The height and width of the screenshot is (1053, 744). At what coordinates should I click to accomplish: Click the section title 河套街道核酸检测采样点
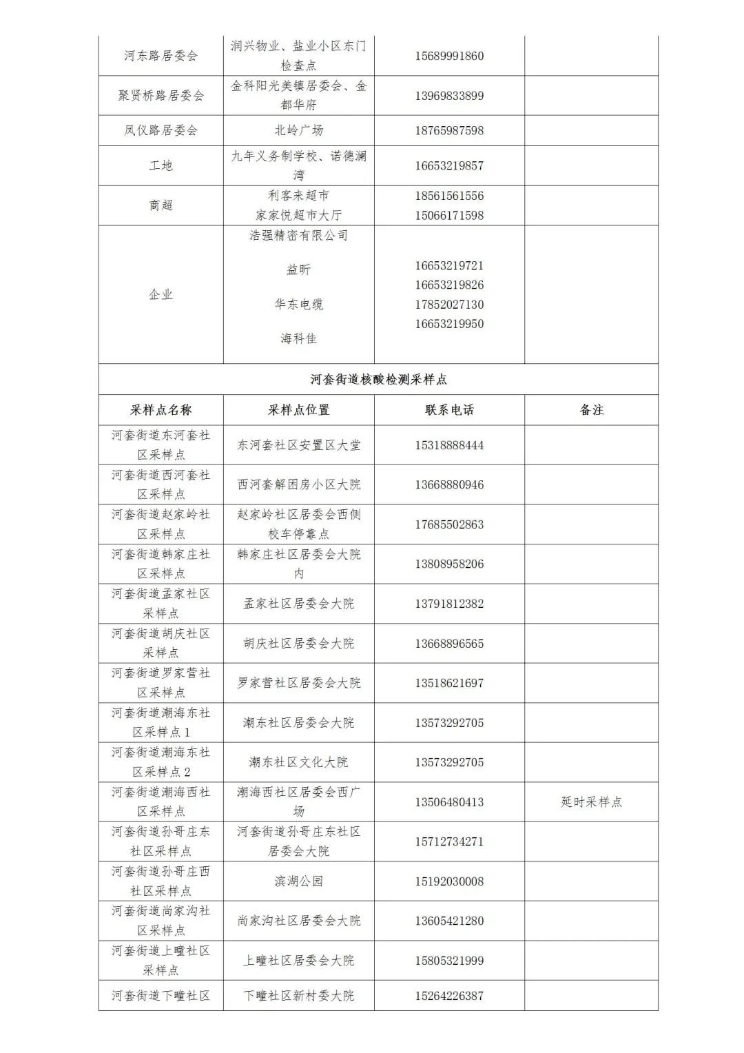coord(378,379)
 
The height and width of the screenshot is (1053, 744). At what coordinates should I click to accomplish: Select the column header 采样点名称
coord(161,410)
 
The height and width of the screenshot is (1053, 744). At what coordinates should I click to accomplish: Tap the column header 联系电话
coord(449,410)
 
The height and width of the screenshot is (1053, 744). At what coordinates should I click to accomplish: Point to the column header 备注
coord(591,410)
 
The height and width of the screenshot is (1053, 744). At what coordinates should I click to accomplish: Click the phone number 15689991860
coord(449,56)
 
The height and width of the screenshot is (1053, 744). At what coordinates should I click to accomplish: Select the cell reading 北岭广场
coord(298,130)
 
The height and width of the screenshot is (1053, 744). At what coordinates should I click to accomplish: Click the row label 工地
coord(161,165)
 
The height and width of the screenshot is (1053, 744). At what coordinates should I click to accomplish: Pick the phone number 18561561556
coord(449,196)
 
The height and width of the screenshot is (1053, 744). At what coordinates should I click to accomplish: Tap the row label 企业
coord(161,294)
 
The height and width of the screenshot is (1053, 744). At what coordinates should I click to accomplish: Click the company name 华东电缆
coord(298,304)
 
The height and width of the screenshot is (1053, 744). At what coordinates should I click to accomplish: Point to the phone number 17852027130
coord(449,304)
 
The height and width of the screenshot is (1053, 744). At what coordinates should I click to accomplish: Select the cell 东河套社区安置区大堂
coord(298,445)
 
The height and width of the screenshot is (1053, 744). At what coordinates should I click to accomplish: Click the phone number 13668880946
coord(449,484)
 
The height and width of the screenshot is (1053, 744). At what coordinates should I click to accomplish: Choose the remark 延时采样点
coord(591,801)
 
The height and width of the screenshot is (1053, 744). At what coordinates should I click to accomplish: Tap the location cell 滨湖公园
coord(298,881)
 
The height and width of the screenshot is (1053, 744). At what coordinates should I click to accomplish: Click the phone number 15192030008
coord(449,881)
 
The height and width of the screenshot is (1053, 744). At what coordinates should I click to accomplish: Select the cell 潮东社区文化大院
coord(298,762)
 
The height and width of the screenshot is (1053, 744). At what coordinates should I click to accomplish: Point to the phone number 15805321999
coord(449,960)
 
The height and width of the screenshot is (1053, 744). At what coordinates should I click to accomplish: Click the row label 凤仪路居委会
coord(161,130)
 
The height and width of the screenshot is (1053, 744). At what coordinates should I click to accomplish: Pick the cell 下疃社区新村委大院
coord(298,996)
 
